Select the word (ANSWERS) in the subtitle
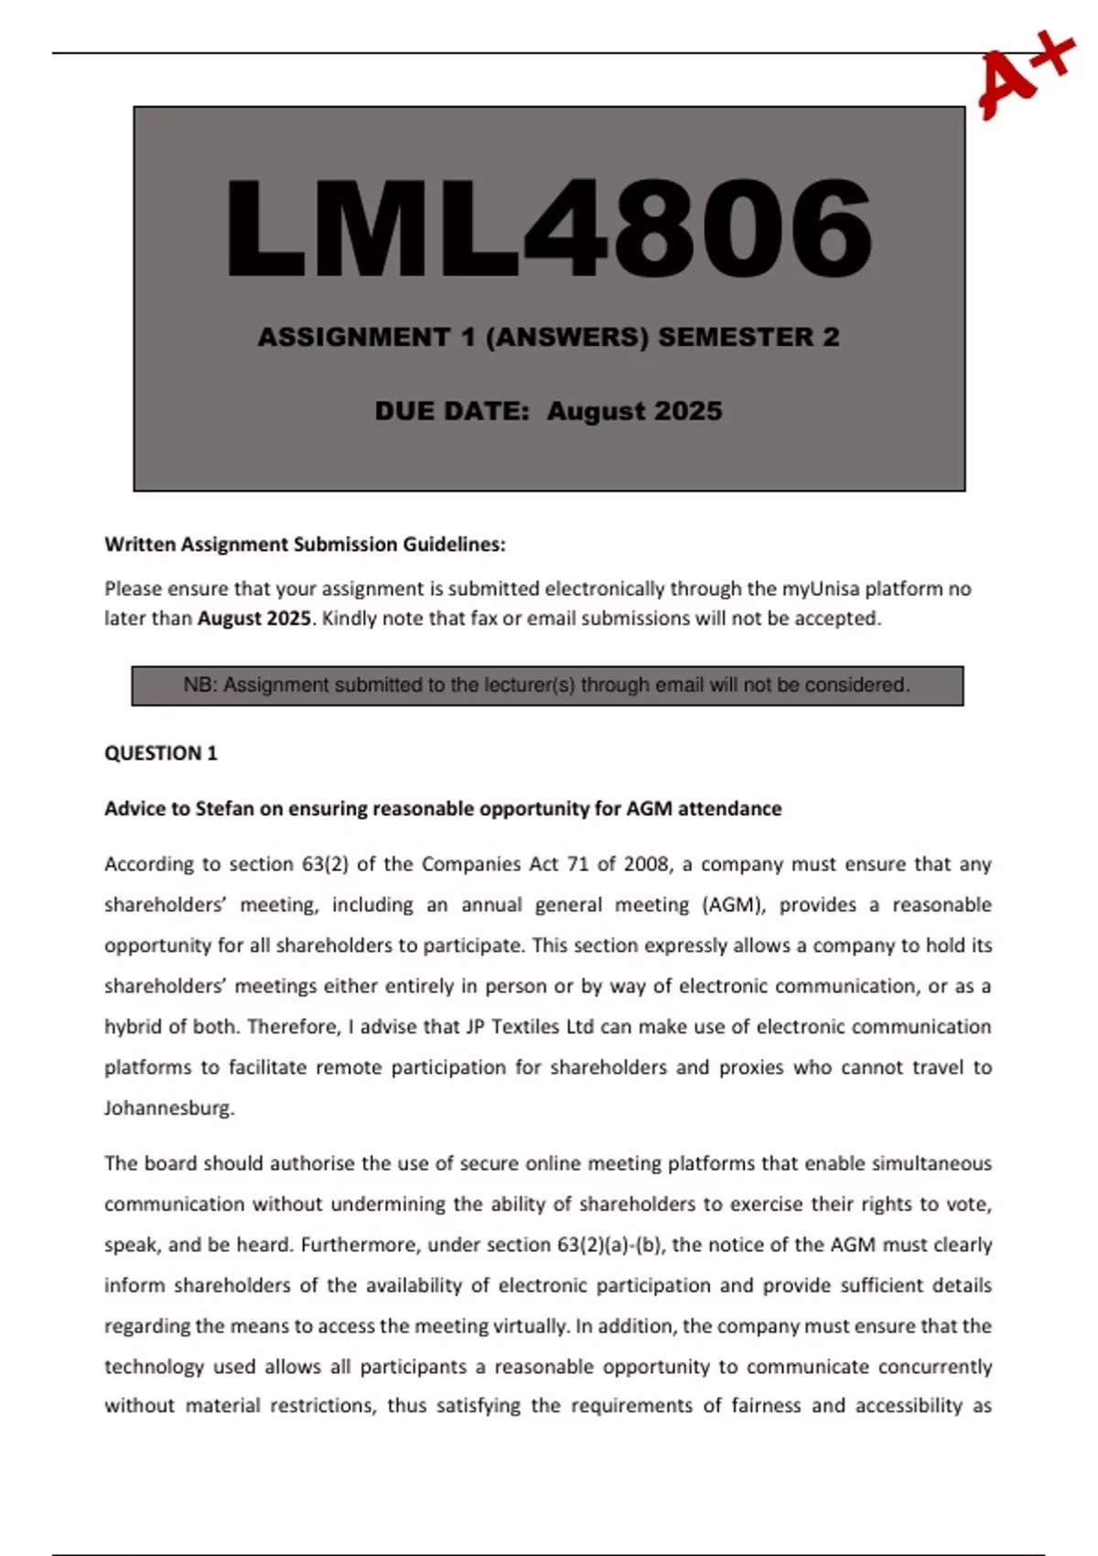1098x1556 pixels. pos(566,337)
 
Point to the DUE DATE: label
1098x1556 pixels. pos(452,411)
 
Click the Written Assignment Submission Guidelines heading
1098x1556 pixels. pos(305,545)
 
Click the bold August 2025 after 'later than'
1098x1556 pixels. pos(254,619)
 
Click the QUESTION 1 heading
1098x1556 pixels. pos(161,753)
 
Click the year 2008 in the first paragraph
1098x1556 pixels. pos(646,865)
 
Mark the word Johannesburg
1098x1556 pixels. pos(169,1108)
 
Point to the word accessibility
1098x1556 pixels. pos(908,1406)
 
